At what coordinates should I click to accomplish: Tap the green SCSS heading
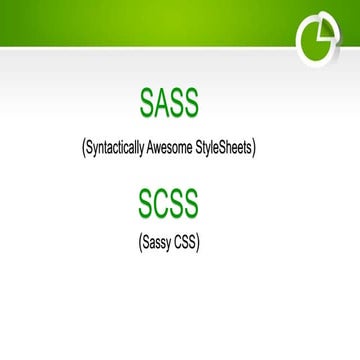click(169, 203)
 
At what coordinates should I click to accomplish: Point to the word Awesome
click(186, 147)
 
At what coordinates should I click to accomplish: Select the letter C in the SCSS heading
click(159, 203)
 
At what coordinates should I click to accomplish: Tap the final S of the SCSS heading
click(191, 203)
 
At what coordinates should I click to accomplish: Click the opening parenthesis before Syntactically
click(83, 148)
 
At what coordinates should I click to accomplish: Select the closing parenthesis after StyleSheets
click(256, 148)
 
